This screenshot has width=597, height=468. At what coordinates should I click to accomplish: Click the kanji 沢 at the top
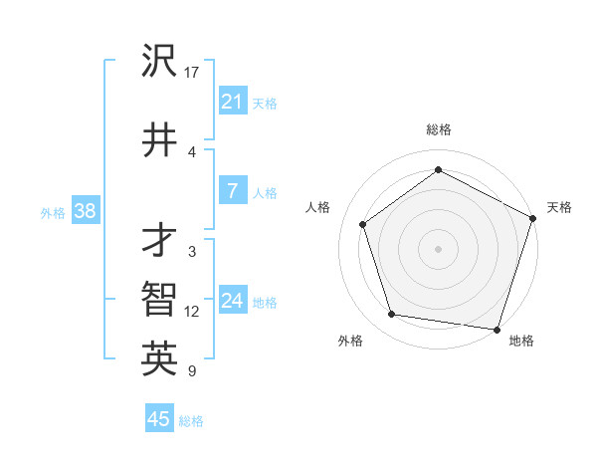click(159, 62)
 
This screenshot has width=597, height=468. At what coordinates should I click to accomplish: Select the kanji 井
click(159, 140)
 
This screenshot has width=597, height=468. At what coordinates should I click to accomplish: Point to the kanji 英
click(159, 359)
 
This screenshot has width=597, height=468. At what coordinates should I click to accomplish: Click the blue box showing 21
click(232, 102)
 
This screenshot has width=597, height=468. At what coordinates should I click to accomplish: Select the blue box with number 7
click(232, 191)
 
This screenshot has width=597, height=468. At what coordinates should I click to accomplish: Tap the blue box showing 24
click(232, 301)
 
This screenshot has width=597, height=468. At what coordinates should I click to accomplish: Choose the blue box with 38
click(85, 211)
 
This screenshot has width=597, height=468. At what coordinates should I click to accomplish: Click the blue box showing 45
click(159, 419)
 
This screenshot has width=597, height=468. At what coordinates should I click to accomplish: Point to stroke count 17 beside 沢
click(192, 73)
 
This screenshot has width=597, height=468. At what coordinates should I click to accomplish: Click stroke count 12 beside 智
click(192, 312)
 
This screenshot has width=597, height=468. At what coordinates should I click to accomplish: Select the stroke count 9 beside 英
click(191, 371)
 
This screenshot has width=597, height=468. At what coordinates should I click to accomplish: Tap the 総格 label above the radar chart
click(438, 129)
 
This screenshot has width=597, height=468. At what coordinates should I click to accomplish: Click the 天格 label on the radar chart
click(559, 207)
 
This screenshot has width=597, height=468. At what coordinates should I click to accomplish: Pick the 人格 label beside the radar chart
click(318, 207)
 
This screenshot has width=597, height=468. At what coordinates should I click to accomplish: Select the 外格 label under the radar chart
click(350, 341)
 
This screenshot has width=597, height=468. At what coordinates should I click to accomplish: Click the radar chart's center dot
click(438, 248)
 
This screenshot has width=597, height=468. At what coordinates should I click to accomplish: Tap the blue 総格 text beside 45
click(191, 421)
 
